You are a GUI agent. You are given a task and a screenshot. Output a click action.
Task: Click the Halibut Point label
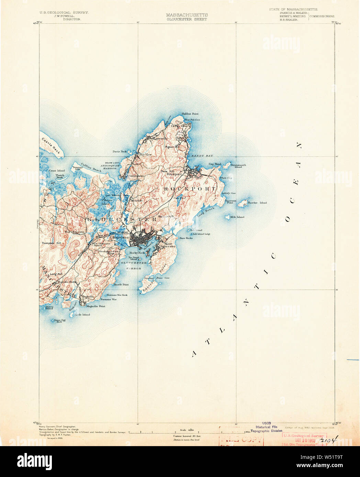[190, 114]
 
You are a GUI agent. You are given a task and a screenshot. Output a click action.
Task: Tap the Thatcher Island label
[257, 203]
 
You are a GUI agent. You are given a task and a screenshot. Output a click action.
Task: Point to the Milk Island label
[237, 217]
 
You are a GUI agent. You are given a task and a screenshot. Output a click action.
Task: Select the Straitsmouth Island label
[238, 166]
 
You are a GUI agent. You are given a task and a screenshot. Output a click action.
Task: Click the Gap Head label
[215, 164]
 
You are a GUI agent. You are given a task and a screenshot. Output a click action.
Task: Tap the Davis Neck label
[120, 151]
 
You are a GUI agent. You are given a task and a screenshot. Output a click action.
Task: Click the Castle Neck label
[51, 146]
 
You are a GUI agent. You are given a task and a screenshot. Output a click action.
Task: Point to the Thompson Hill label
[51, 243]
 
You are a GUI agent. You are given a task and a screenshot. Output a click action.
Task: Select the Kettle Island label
[83, 315]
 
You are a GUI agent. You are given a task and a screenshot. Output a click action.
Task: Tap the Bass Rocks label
[186, 238]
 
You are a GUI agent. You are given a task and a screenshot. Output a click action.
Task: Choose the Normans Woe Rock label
[117, 295]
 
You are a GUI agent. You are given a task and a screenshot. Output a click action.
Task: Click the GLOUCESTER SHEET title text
[187, 20]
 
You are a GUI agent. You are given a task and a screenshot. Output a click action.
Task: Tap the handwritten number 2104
[328, 440]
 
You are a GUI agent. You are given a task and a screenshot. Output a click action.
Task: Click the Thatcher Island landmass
[243, 203]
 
